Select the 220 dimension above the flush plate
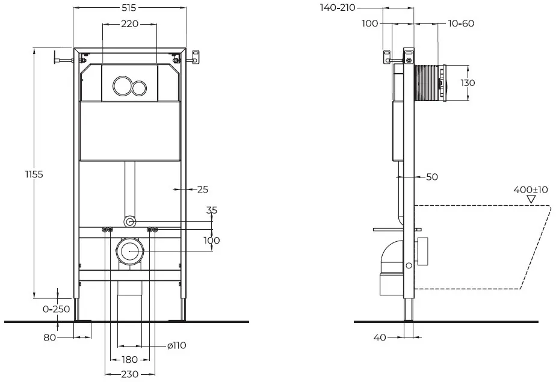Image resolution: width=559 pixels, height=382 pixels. click(130, 24)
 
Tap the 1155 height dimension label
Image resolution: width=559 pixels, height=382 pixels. click(34, 174)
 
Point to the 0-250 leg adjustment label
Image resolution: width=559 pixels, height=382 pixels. click(57, 309)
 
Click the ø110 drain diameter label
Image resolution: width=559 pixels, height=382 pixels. click(177, 345)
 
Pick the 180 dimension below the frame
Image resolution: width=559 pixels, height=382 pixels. click(129, 360)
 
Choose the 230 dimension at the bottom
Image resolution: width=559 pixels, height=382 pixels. click(129, 374)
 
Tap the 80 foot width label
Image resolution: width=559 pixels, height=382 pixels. click(50, 337)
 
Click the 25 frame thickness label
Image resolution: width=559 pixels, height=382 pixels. click(203, 189)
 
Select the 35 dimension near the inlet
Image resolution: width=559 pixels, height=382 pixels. click(212, 210)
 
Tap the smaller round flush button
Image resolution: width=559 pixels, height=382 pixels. click(138, 88)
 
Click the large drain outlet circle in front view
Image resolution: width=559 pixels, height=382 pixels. click(130, 251)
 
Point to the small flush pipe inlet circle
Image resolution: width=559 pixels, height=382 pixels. click(130, 222)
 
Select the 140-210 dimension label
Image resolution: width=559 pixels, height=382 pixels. click(338, 7)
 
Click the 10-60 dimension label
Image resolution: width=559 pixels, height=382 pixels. click(461, 23)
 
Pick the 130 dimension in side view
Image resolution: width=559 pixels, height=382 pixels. click(468, 82)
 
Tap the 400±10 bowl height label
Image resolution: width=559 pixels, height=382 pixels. click(531, 189)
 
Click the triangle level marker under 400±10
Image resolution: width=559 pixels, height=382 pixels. click(531, 199)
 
